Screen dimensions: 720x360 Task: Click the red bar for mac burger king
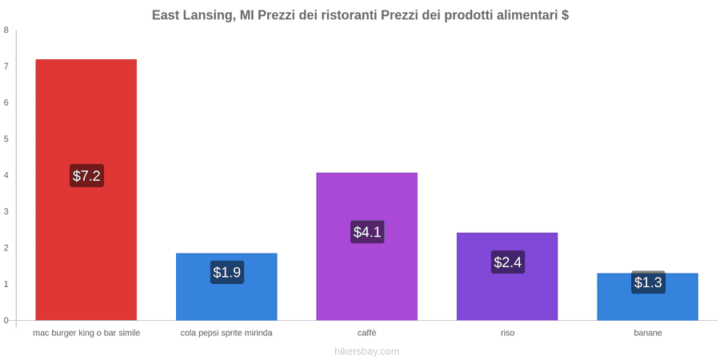[86, 189]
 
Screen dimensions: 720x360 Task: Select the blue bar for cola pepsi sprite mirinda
[226, 286]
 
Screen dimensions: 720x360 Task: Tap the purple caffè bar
[367, 246]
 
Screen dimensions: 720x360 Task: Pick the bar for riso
[507, 277]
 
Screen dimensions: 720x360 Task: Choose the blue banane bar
[647, 297]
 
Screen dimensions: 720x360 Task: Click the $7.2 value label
[86, 175]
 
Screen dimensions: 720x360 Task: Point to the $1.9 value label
[227, 272]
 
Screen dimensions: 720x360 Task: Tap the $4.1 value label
[367, 232]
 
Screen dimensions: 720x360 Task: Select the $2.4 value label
[508, 262]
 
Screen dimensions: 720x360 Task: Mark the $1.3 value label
[648, 282]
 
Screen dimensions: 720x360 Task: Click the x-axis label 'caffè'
[367, 333]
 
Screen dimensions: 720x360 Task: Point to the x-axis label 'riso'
[507, 333]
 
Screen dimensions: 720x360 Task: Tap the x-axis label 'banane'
[648, 333]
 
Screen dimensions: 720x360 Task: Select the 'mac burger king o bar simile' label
[86, 333]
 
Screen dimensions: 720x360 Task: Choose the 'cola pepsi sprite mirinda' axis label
[226, 333]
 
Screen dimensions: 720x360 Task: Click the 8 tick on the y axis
[6, 30]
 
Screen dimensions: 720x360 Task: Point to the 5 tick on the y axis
[6, 139]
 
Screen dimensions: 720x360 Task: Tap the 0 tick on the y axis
[6, 321]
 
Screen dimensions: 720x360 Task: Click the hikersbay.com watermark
[367, 352]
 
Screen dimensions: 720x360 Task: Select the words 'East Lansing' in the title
[190, 16]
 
